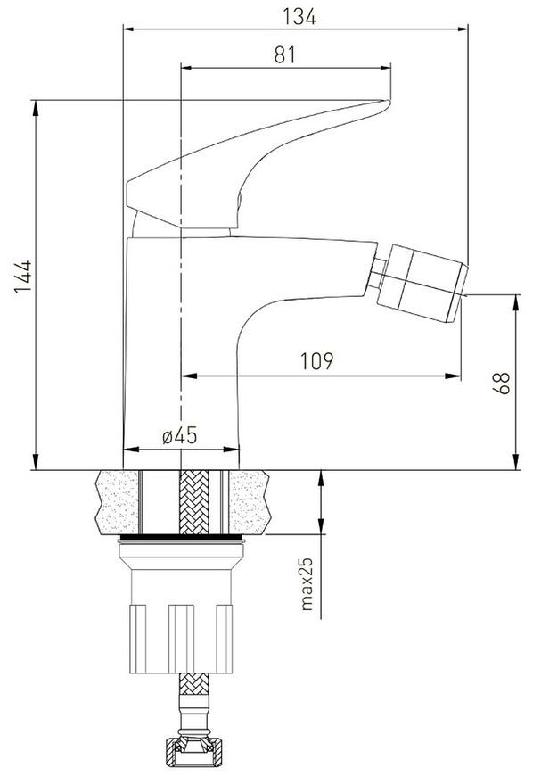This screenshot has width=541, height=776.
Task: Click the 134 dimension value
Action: coord(299,17)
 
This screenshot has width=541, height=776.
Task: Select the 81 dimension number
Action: coord(285,54)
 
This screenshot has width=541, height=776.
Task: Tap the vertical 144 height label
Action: coord(23,277)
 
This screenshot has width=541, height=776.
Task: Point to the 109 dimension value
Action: coord(317,361)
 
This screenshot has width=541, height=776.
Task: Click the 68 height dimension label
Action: coord(501,383)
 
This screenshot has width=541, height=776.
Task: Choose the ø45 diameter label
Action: coord(179,435)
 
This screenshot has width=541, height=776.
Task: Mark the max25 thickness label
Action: coord(307,584)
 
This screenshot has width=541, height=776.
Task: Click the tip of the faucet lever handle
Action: coord(388,103)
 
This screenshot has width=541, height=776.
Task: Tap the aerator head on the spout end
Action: coord(422,283)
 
